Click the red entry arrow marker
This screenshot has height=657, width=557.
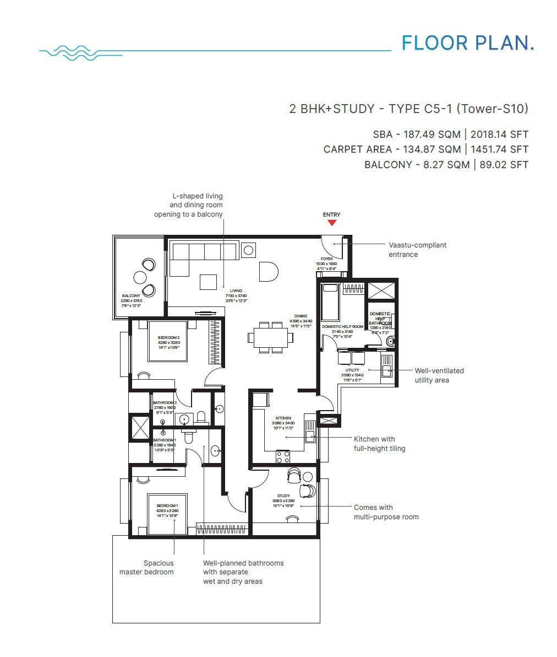[x=331, y=223]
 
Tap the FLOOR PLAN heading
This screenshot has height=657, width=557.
[x=468, y=43]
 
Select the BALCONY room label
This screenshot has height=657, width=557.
[x=131, y=296]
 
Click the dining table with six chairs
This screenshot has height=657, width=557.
[x=269, y=337]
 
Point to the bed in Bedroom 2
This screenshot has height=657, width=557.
[x=168, y=341]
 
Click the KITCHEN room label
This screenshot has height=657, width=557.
[x=284, y=418]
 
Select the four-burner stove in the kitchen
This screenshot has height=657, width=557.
[x=283, y=456]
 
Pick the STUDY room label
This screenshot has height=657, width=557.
[x=283, y=496]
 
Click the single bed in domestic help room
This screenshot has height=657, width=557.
[x=330, y=302]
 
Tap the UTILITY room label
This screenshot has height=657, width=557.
[x=352, y=370]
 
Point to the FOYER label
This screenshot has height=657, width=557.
[x=327, y=259]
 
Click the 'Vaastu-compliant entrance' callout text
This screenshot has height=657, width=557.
[x=417, y=250]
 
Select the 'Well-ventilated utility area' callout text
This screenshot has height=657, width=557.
[x=439, y=375]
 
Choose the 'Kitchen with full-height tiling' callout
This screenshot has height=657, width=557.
[x=379, y=444]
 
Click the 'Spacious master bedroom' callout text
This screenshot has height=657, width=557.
[x=146, y=567]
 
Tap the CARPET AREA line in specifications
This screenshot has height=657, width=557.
[x=425, y=149]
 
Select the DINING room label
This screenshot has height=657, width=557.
[x=301, y=316]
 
